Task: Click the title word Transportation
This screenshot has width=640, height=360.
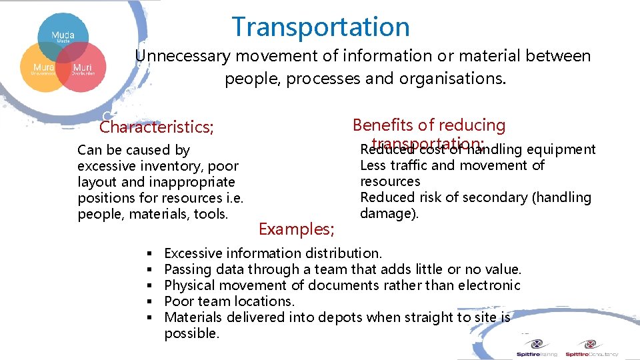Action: click(321, 27)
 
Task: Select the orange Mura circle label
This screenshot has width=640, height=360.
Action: click(45, 68)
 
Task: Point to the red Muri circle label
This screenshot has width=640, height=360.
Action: click(83, 68)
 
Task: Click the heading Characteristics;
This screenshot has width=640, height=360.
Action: click(157, 127)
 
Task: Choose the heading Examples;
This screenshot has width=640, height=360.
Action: click(297, 229)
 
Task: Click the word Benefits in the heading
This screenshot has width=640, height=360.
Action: click(381, 125)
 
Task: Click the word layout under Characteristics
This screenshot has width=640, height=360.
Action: click(99, 182)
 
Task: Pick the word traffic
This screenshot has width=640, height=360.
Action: click(409, 165)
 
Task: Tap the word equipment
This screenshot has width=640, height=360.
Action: click(561, 149)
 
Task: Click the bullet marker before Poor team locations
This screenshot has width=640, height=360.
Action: click(149, 301)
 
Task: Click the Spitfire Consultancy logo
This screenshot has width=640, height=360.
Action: click(591, 348)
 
